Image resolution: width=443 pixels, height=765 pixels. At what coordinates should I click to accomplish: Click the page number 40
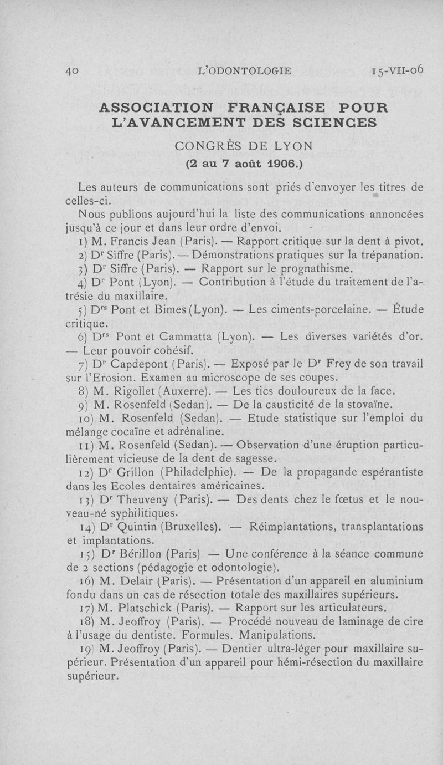pyautogui.click(x=73, y=70)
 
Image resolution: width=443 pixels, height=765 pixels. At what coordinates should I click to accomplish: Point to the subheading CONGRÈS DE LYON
pyautogui.click(x=244, y=146)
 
